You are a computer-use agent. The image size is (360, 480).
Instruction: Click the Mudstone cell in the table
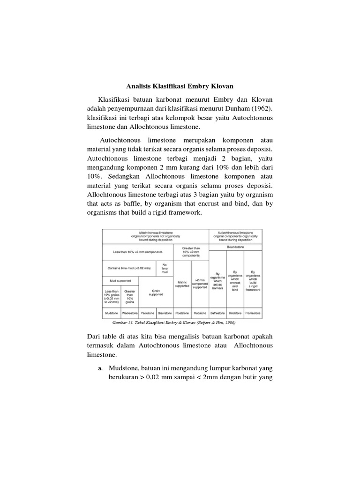[111, 312]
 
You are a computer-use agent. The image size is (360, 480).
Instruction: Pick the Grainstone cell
[164, 312]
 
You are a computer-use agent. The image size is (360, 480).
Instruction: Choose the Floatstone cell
[182, 312]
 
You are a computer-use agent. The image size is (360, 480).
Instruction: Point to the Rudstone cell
[200, 312]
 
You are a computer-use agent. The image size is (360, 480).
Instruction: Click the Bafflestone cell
[217, 312]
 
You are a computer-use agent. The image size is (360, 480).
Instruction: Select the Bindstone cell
[235, 312]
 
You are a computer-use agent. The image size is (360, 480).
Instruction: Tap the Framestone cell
[253, 312]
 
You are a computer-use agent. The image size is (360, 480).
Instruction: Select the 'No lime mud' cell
[164, 268]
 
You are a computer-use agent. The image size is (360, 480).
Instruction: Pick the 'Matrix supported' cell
[182, 284]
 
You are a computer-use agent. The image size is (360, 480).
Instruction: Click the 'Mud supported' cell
[120, 281]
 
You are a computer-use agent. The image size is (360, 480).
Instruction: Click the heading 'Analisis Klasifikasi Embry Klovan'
[180, 87]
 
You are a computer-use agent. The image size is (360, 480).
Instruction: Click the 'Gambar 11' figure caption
[173, 323]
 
